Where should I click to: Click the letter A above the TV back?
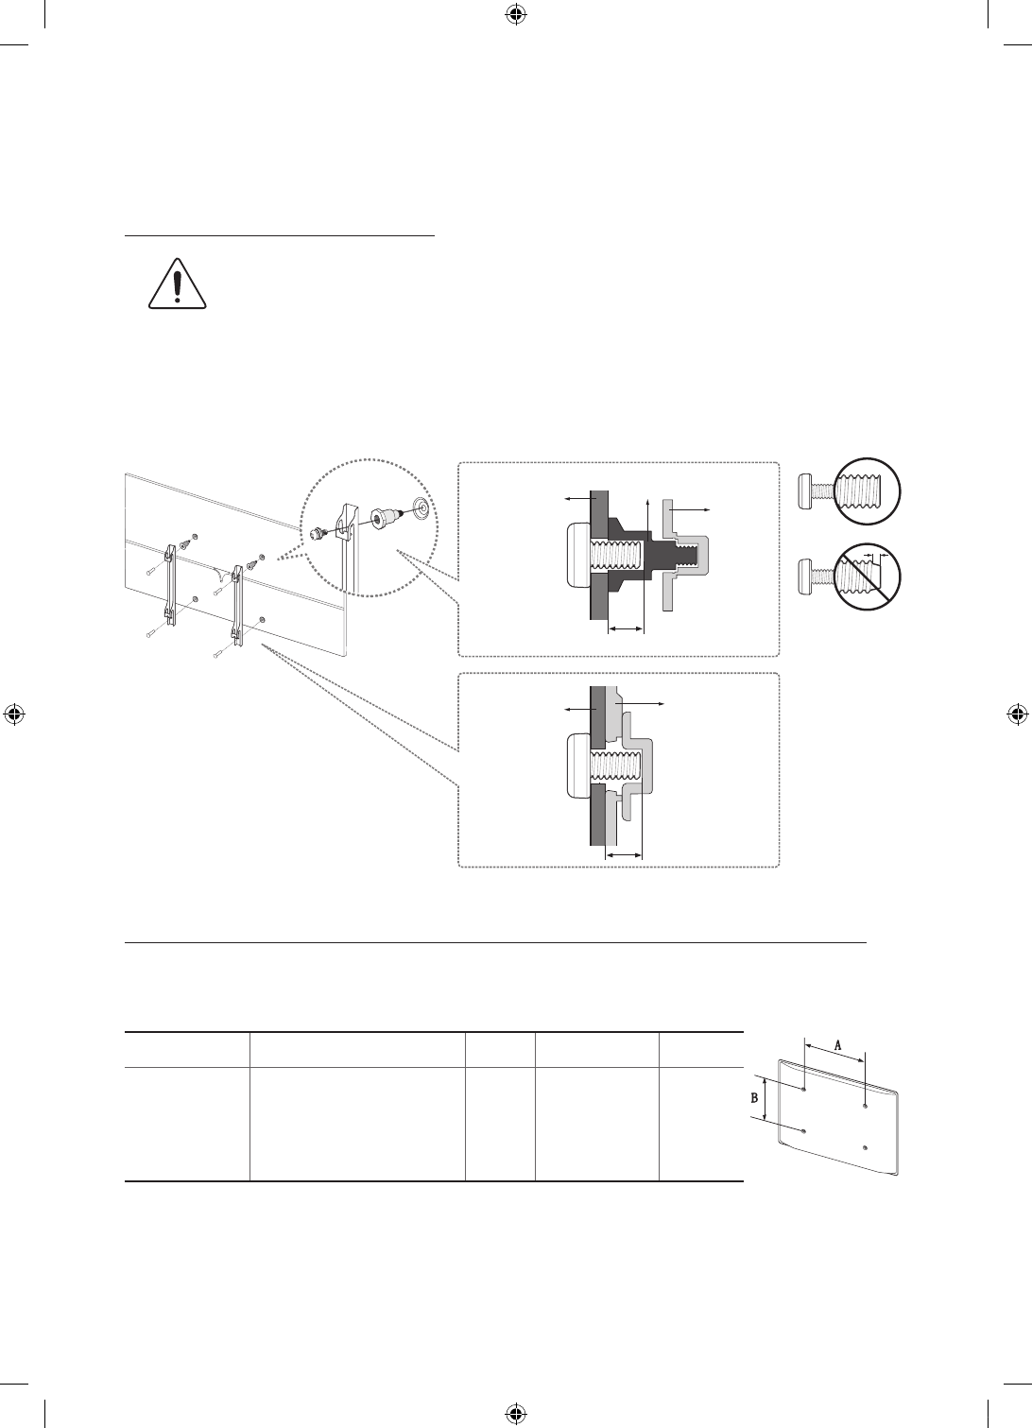click(838, 1045)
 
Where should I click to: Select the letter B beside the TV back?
click(755, 1098)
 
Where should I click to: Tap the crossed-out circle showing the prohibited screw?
click(867, 576)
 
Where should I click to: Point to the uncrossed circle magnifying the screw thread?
click(867, 491)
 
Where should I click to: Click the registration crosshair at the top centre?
click(515, 15)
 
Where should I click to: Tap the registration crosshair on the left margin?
click(14, 714)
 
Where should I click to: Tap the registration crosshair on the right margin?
click(1017, 714)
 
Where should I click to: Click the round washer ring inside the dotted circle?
click(421, 507)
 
